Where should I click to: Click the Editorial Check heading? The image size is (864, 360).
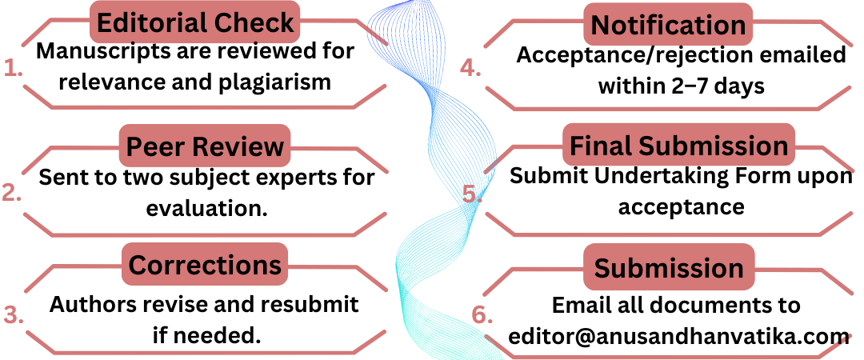[x=194, y=23]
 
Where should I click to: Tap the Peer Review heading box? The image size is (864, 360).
[x=205, y=146]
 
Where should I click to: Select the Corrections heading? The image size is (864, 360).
[x=205, y=265]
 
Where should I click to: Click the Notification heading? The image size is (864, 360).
[x=668, y=24]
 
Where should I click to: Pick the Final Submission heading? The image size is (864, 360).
[x=678, y=146]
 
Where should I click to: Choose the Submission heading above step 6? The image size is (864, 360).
[x=668, y=267]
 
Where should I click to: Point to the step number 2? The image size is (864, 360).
[x=12, y=193]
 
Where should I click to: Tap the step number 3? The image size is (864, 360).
[x=13, y=314]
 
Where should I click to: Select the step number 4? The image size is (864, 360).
[x=471, y=69]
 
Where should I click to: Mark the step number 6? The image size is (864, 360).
[x=482, y=314]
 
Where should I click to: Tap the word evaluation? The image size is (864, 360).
[x=206, y=208]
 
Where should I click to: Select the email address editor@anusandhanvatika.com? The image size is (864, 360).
[x=678, y=336]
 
